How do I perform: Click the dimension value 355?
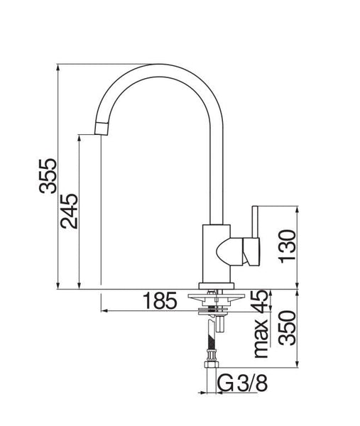point(48,174)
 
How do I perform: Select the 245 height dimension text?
point(70,210)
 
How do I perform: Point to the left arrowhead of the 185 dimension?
point(104,311)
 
